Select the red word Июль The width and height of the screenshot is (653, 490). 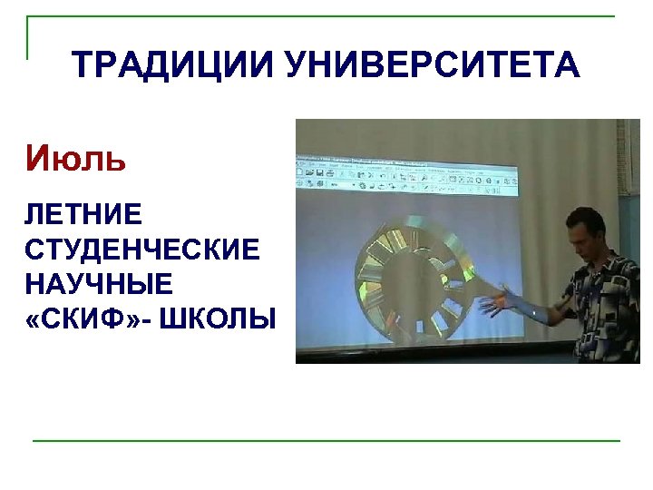pos(75,160)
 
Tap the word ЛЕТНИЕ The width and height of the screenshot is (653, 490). pos(83,215)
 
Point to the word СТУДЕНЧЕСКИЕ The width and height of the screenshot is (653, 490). pos(142,250)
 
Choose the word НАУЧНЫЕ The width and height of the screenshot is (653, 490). pos(99,284)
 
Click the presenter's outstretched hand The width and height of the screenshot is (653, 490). pos(497,304)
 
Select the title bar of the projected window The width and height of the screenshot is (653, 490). pos(408,158)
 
